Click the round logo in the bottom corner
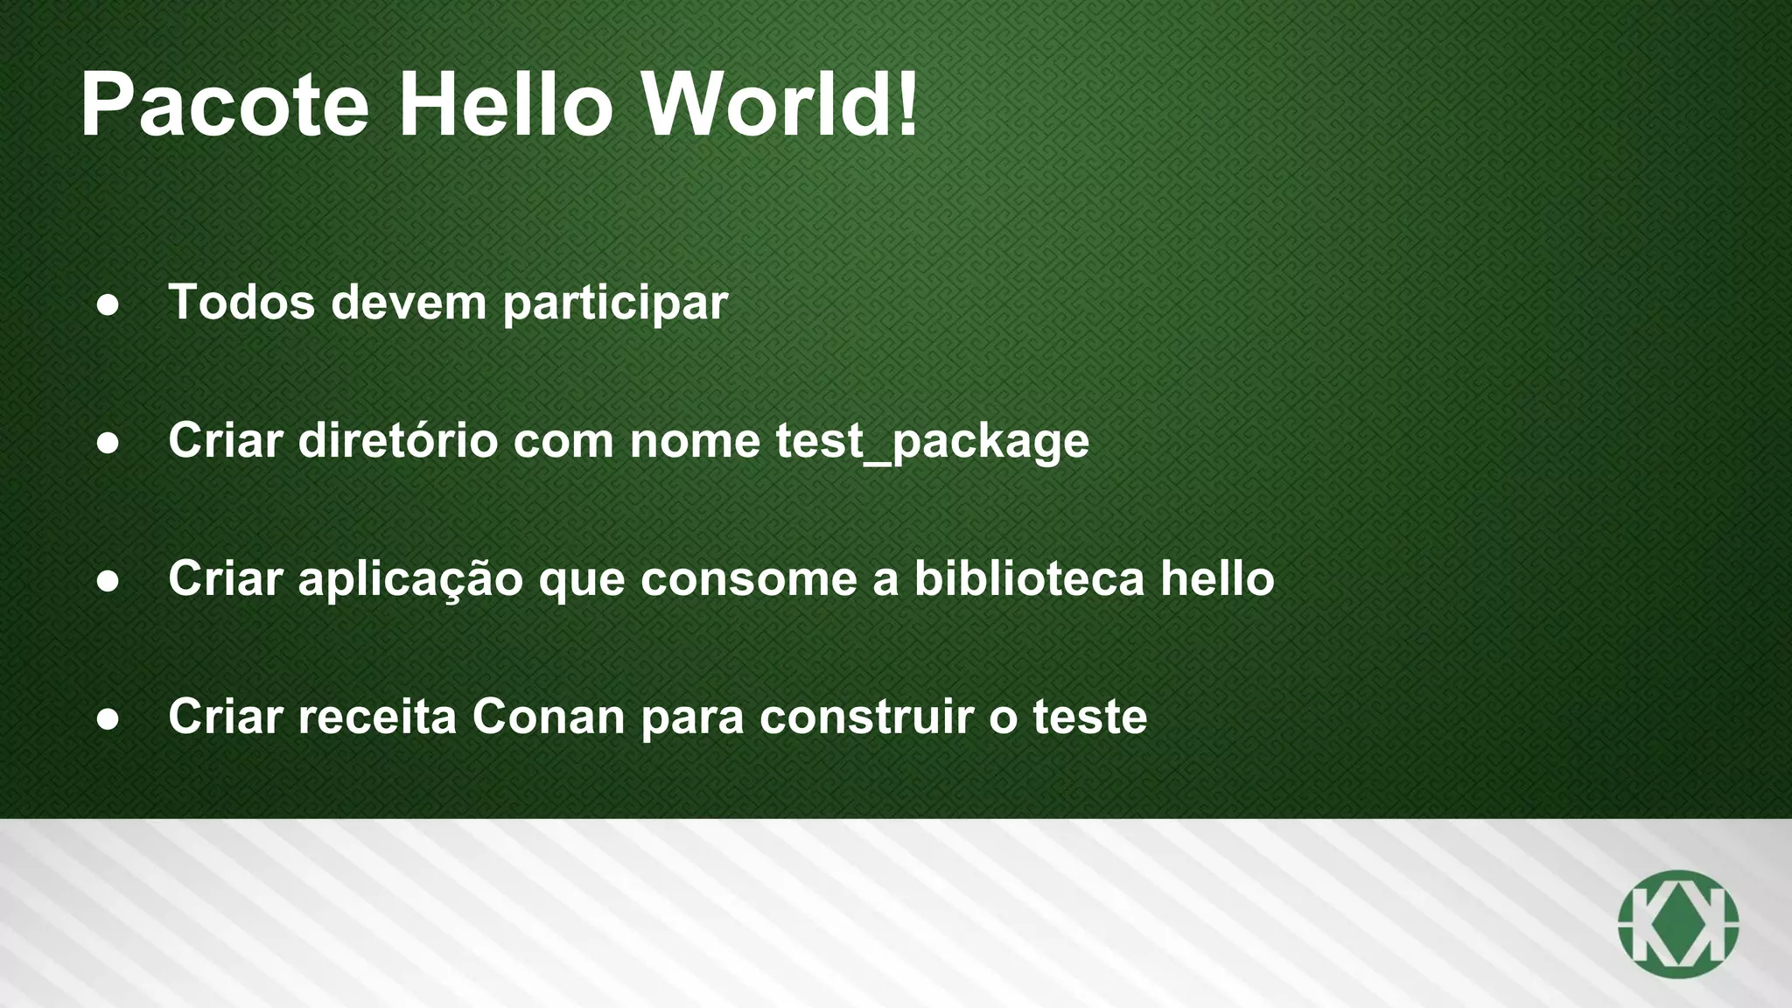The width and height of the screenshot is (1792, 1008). [x=1677, y=923]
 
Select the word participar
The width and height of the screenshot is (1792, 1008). [x=615, y=304]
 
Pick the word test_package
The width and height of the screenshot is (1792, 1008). [x=933, y=441]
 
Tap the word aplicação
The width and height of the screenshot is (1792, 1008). [x=410, y=580]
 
